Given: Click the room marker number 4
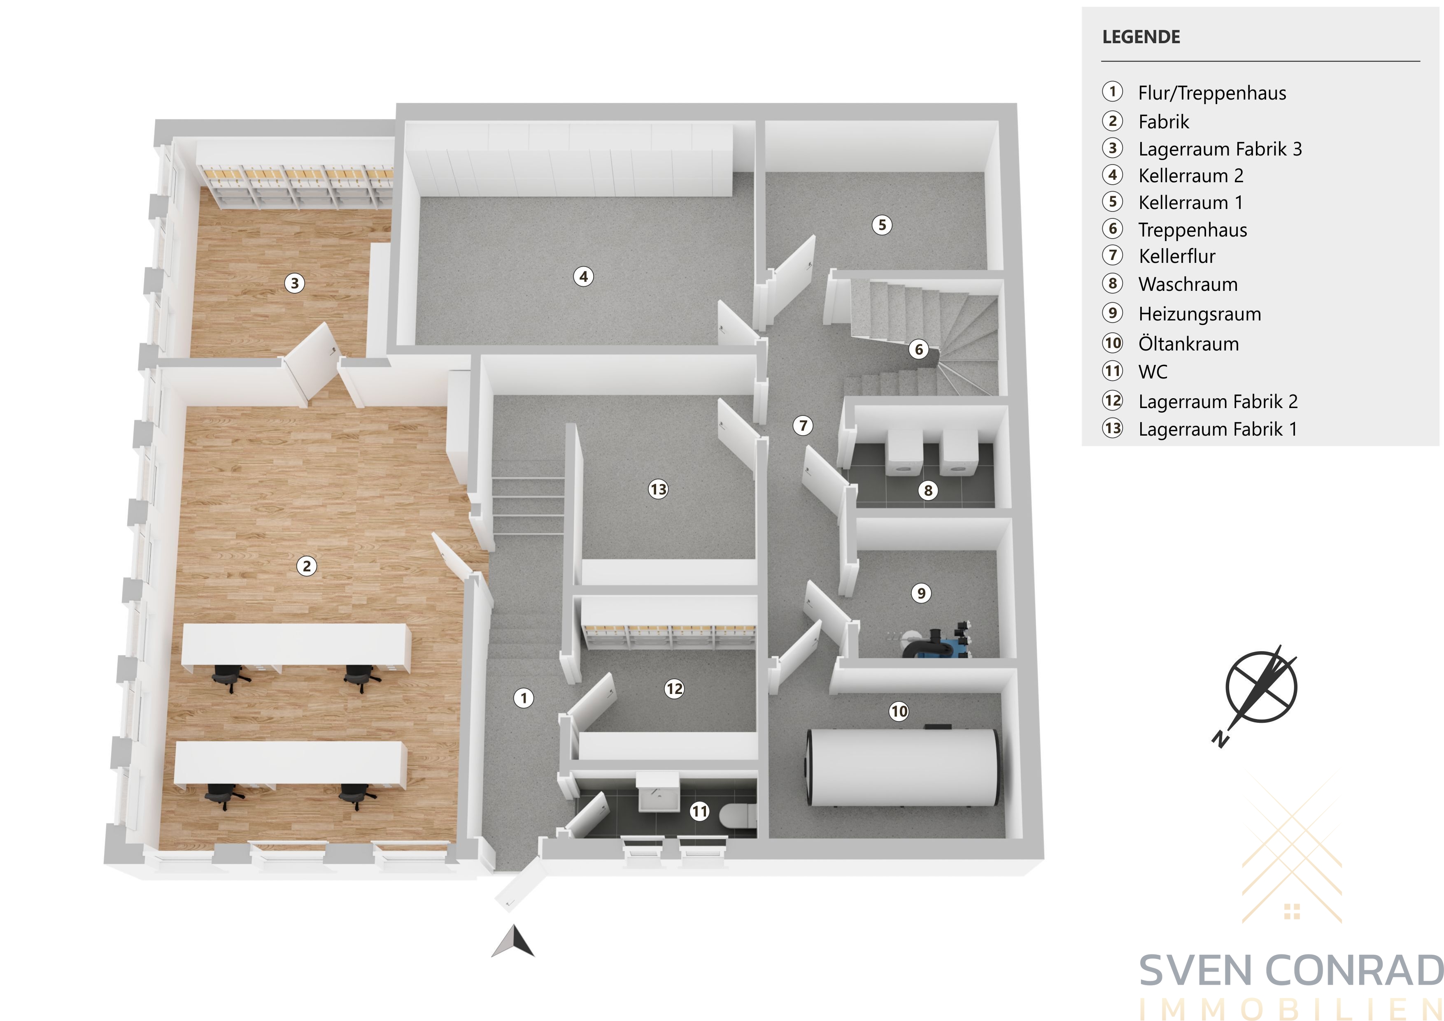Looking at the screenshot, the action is click(x=584, y=276).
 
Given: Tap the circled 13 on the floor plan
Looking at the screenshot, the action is click(x=658, y=489).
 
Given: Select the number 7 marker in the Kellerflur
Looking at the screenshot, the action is click(x=803, y=426).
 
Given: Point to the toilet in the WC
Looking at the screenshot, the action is click(x=738, y=816).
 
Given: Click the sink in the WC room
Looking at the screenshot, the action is click(x=658, y=794).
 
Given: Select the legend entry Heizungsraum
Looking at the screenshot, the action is click(x=1199, y=314).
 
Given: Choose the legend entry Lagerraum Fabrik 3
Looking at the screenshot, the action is click(x=1220, y=149).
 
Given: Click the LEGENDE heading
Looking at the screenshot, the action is click(x=1141, y=37).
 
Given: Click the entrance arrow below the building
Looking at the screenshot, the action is click(x=514, y=941).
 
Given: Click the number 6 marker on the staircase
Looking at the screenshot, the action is click(x=919, y=349).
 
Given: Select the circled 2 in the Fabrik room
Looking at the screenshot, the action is click(x=306, y=566).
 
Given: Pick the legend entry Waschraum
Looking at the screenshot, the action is click(x=1188, y=284).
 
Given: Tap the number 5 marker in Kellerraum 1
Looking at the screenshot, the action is click(x=882, y=225).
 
